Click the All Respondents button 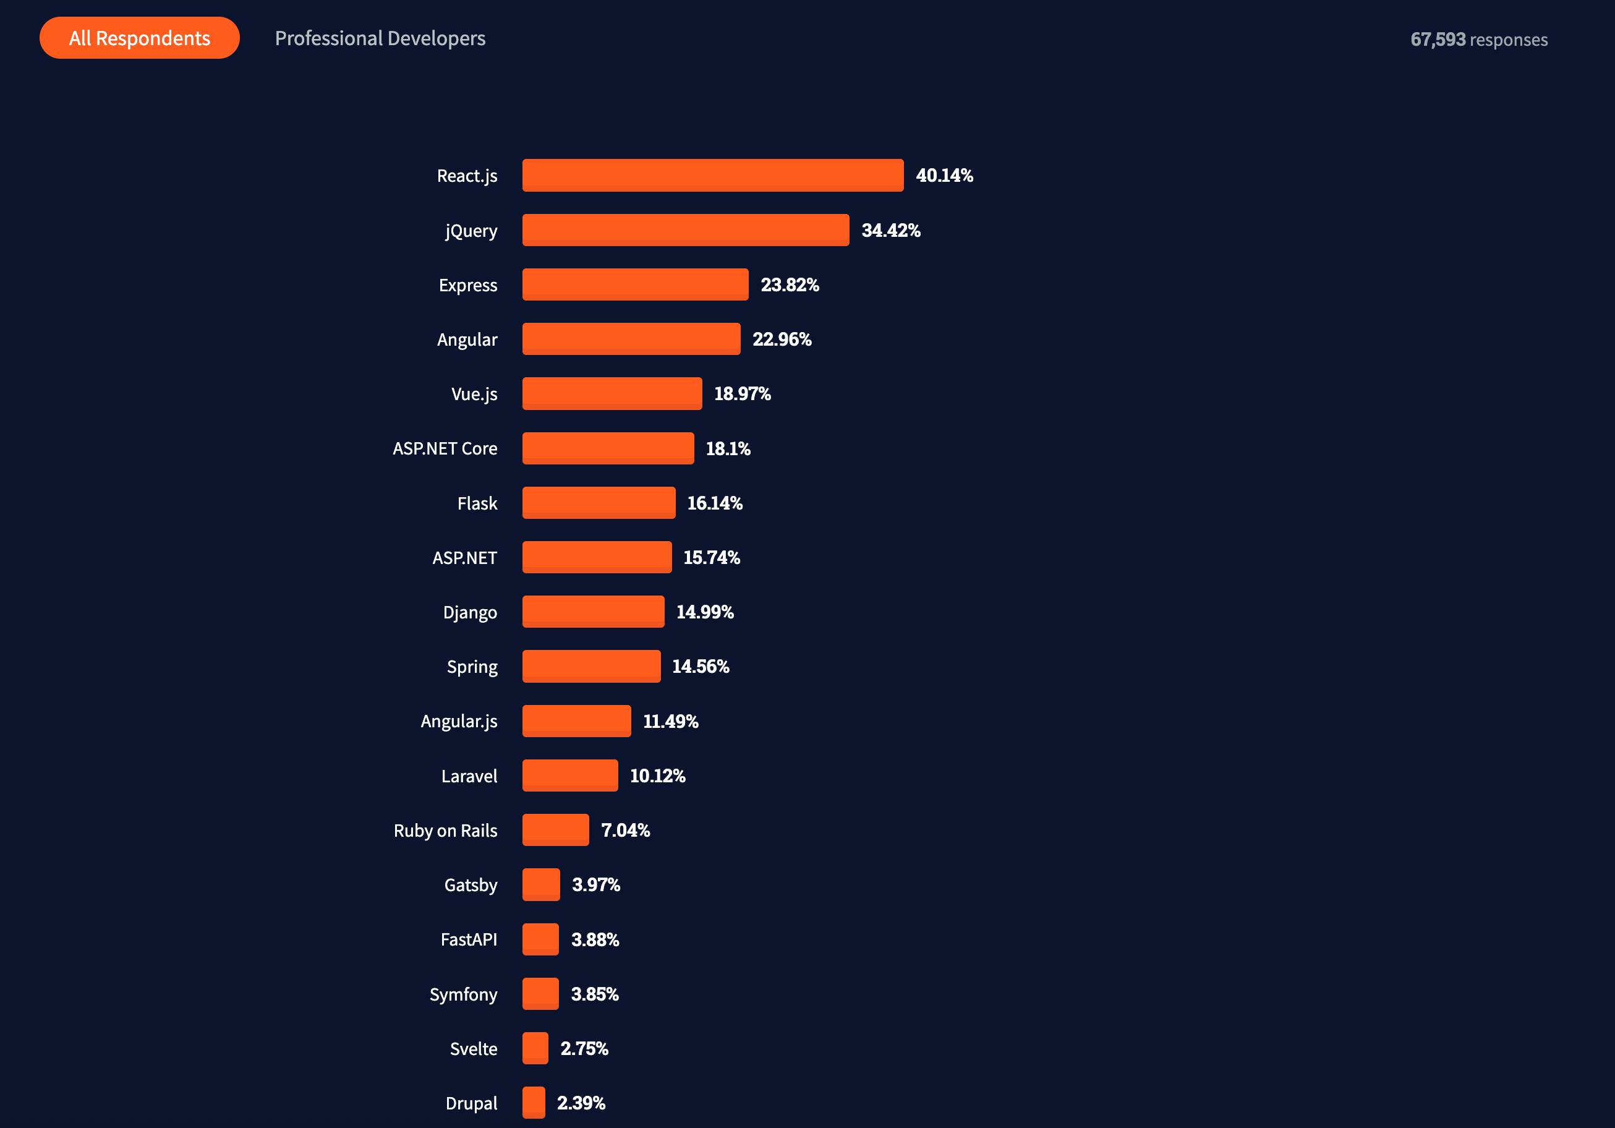point(139,38)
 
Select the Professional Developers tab point(380,38)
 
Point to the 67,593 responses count point(1478,40)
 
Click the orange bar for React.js point(712,175)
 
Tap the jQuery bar point(685,230)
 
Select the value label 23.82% point(789,285)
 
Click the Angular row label point(466,340)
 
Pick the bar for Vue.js point(612,394)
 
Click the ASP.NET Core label point(445,448)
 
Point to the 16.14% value point(715,503)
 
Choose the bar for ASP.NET point(597,557)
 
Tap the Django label point(470,612)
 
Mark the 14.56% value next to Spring point(701,667)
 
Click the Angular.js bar point(576,721)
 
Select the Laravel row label point(469,776)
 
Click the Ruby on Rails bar point(555,831)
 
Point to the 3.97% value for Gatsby point(596,884)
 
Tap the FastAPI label point(469,939)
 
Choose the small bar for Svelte point(535,1048)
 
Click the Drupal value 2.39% point(581,1103)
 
